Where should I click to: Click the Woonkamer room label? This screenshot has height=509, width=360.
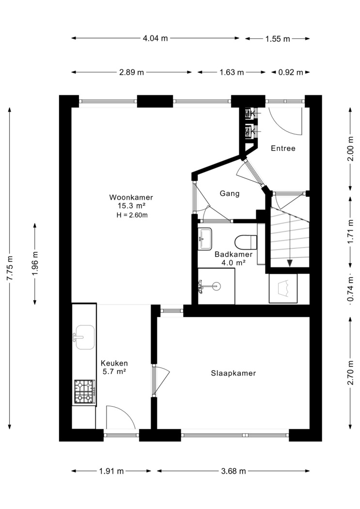131,197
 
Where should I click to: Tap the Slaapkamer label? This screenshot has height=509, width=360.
234,373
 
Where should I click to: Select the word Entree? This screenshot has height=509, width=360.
283,148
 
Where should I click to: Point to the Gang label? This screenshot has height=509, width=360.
230,193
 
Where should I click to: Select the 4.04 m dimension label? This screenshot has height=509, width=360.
156,38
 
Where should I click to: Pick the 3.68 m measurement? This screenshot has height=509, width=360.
234,471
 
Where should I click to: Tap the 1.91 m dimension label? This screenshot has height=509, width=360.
111,471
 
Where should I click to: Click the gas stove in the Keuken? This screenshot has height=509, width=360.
85,392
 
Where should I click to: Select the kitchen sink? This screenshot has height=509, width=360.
84,337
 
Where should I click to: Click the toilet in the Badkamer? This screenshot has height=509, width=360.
246,242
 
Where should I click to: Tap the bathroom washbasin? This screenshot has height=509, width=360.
204,239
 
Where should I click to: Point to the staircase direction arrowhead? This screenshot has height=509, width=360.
290,263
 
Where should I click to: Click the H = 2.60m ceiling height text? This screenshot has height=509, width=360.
132,215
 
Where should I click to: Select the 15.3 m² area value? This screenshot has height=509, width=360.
131,206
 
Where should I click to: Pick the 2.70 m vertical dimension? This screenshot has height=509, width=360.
350,373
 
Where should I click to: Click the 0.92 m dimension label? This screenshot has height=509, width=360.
291,72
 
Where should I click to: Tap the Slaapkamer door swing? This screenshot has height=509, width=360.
161,380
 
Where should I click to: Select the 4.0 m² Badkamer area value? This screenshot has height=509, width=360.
233,263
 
